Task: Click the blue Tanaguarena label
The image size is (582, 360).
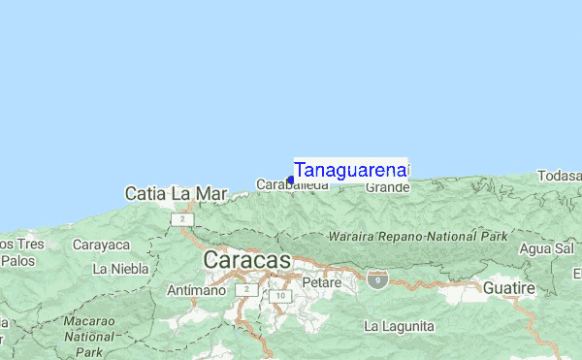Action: [x=350, y=170]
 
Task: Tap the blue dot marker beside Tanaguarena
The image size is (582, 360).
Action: [x=290, y=180]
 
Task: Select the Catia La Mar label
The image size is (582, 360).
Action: [x=175, y=194]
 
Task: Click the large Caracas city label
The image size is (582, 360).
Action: [x=246, y=260]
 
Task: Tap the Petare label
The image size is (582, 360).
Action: [x=322, y=282]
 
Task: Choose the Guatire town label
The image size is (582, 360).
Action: [x=509, y=289]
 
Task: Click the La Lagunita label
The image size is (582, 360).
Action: [x=399, y=327]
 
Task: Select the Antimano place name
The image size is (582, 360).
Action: [x=197, y=289]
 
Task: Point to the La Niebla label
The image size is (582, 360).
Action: [x=119, y=267]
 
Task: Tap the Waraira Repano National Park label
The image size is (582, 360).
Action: [x=417, y=236]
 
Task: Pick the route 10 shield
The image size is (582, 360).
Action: [x=281, y=296]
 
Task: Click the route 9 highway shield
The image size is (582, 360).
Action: [x=377, y=280]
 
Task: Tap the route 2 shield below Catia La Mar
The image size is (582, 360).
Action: [x=182, y=220]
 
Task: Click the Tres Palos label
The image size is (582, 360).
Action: [x=19, y=251]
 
